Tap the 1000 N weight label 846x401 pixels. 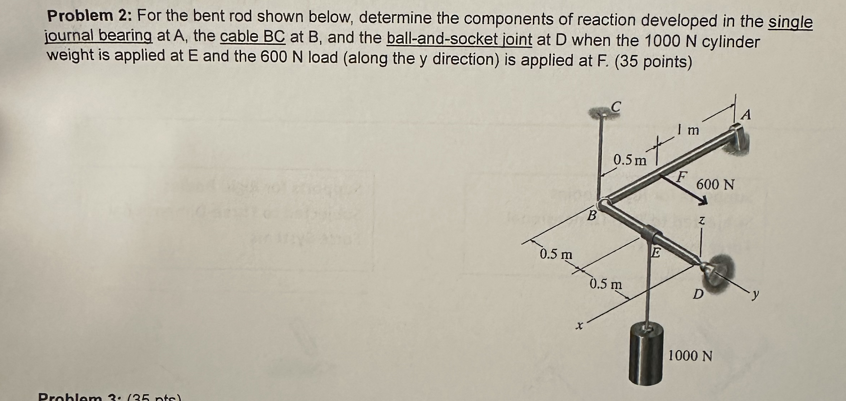tap(690, 356)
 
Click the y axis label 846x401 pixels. tap(755, 295)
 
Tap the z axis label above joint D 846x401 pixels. tap(702, 221)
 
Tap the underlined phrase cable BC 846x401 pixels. tap(252, 37)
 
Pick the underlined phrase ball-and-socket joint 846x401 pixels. tap(459, 39)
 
